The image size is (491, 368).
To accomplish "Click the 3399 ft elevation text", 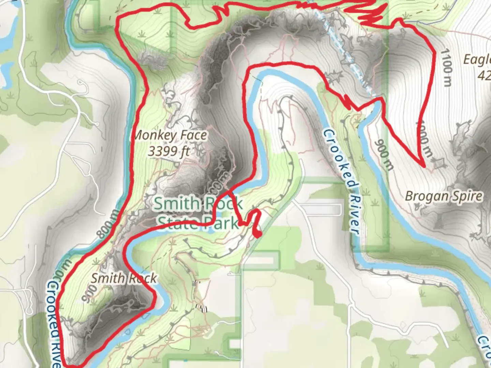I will pos(168,151).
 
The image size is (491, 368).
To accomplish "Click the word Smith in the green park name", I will pos(177,204).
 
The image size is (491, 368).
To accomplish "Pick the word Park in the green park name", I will pos(222,224).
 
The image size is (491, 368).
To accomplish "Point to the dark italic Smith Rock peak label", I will pos(123,278).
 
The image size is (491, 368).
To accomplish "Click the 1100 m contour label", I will pos(447,67).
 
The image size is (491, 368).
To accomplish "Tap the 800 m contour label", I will pos(108,224).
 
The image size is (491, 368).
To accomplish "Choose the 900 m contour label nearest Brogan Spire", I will pos(384,155).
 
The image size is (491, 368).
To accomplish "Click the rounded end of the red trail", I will pos(258,234).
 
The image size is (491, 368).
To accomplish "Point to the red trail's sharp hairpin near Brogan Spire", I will pos(424,166).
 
